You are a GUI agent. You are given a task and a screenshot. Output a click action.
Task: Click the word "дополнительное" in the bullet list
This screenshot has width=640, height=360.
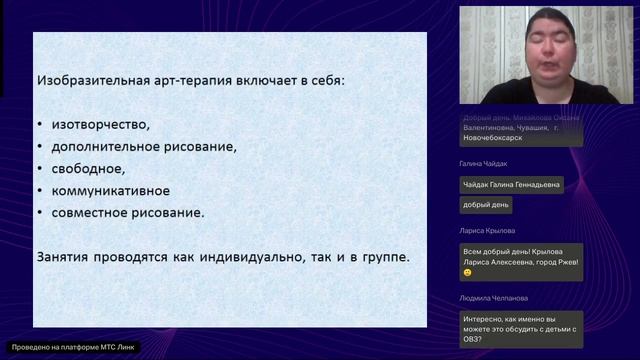tap(102, 147)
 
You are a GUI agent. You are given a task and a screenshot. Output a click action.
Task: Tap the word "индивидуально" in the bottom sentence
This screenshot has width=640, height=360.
tap(245, 257)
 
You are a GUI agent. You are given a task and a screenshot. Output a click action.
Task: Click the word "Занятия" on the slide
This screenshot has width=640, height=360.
tap(64, 257)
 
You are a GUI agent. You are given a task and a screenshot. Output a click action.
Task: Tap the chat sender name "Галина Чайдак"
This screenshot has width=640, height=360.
tap(484, 163)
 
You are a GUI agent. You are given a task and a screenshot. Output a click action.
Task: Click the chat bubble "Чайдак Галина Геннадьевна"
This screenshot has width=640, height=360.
tap(511, 184)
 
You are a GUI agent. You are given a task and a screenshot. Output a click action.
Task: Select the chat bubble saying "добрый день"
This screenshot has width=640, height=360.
tap(486, 205)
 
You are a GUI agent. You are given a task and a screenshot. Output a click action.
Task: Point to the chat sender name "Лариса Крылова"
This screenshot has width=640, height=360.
tap(486, 230)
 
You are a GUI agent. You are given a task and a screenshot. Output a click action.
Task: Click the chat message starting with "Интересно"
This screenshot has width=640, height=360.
tap(519, 327)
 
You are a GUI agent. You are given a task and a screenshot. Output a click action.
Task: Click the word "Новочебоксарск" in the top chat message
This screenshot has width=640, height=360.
tap(492, 138)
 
